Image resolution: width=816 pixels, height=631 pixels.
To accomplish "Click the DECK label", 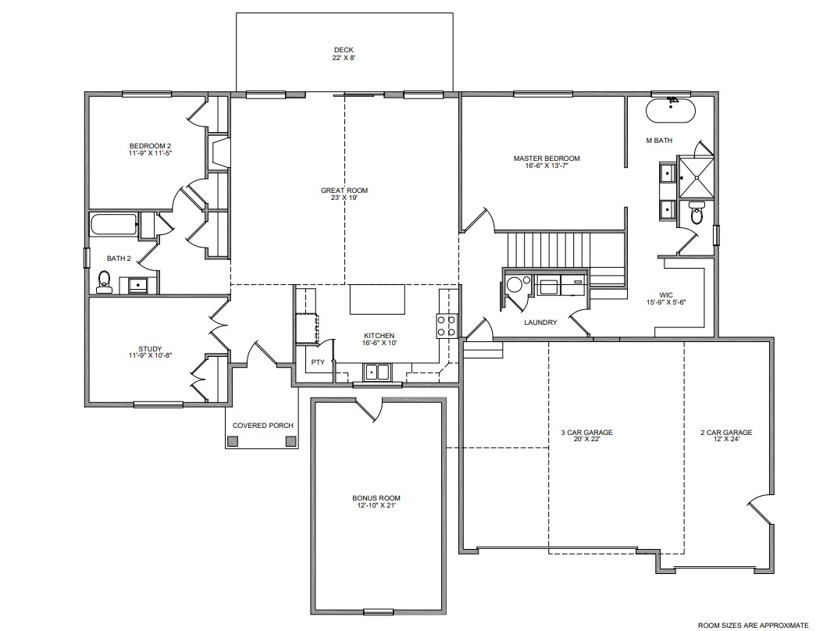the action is point(344,50).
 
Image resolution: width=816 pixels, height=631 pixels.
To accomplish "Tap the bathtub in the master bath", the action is point(670,110).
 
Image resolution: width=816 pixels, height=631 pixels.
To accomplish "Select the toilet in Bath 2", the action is point(104,282).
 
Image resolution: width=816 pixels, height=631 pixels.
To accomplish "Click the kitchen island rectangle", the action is point(377,299).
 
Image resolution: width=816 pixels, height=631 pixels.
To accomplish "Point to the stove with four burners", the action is point(447,326).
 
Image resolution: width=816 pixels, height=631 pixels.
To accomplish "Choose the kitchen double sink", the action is point(378,373).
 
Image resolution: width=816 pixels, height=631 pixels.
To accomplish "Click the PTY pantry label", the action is point(318,362).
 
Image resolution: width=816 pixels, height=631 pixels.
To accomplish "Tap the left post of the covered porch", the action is point(233,441).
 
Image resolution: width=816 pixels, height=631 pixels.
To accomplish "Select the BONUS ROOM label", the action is point(376,498).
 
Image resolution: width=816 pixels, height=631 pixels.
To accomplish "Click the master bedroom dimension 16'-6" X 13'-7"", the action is point(547,166).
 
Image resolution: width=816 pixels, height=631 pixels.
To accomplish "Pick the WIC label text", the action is point(665,295).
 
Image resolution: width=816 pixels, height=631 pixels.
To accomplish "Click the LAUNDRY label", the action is point(540,323).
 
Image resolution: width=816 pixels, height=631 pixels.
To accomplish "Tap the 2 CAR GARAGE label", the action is point(726,432).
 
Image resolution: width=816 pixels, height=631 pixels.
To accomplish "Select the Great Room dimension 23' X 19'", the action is point(344,198).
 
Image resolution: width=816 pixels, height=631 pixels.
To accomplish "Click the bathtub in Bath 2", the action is point(114,225).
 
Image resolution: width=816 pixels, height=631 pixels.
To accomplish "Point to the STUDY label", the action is point(150,349).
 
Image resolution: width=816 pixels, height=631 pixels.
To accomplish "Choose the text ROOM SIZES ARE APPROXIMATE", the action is point(753,625).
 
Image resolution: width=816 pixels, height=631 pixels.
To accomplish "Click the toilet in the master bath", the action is point(696,213).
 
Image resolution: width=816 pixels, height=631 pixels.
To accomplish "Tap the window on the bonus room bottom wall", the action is point(379,611).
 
